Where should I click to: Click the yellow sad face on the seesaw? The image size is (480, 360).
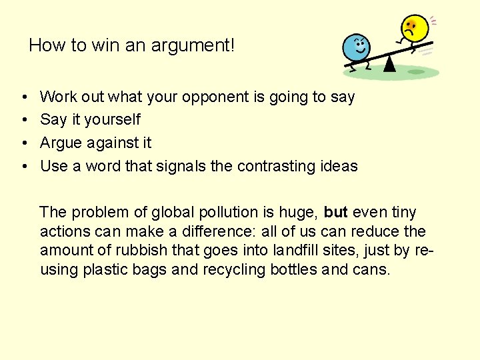[413, 29]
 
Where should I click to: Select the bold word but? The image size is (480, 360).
[336, 213]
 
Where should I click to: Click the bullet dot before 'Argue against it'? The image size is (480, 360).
[24, 143]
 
